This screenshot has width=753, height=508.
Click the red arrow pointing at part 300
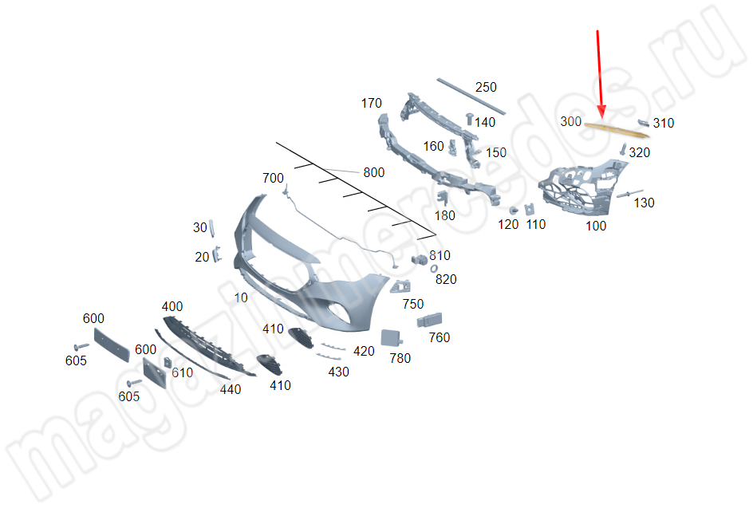coord(600,74)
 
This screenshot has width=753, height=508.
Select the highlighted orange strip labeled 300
coord(617,129)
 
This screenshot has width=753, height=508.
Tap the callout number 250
coord(486,88)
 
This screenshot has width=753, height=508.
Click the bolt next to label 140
coord(469,119)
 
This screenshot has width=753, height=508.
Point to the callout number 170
coord(371,103)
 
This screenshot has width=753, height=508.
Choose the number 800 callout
coord(373,172)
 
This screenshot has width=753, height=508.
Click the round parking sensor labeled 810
coord(419,260)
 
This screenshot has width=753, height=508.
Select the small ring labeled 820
coord(434,269)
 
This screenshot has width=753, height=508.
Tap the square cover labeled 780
coord(391,337)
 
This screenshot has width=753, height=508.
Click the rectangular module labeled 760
coord(429,320)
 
